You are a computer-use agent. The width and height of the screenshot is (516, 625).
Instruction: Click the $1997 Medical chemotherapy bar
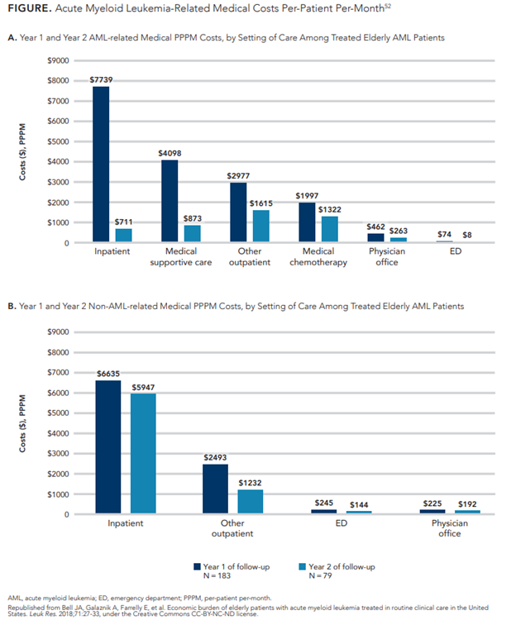pos(307,222)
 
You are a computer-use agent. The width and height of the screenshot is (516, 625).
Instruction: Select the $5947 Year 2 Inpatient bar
pos(143,454)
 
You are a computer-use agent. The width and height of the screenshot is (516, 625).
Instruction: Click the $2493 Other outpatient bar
pos(214,489)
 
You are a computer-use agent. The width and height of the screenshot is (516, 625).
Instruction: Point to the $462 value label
pos(375,225)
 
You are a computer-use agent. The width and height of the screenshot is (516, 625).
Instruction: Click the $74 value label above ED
pos(443,235)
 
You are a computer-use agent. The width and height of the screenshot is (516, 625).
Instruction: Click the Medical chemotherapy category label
pos(318,257)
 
